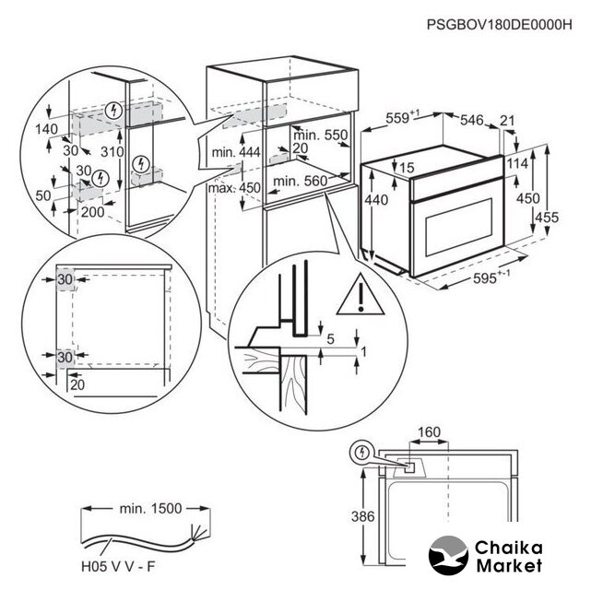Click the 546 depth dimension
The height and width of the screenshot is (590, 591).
(x=472, y=120)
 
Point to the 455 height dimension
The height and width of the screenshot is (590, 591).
(x=573, y=217)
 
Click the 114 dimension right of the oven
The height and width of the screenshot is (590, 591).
(x=518, y=163)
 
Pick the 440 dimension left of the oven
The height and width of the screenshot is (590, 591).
(x=377, y=200)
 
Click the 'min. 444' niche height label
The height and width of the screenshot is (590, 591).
(x=236, y=151)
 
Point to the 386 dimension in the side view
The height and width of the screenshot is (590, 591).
(x=363, y=517)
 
